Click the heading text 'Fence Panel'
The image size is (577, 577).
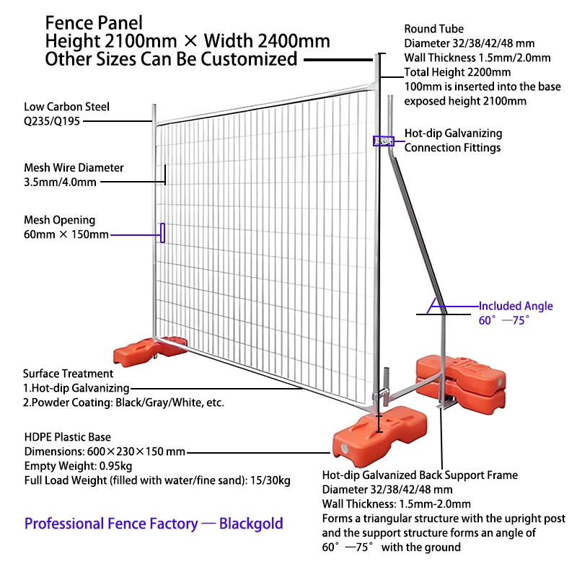click(94, 22)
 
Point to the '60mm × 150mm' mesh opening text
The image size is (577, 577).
click(66, 234)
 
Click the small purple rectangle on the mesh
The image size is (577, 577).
click(162, 233)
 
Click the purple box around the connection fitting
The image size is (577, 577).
click(379, 141)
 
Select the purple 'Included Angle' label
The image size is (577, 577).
click(516, 306)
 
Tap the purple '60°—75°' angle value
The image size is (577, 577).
click(504, 320)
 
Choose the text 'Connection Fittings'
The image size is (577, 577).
click(452, 148)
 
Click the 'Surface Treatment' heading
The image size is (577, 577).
click(68, 374)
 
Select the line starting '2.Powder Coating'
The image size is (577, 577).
click(123, 402)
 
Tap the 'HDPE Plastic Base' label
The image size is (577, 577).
click(67, 437)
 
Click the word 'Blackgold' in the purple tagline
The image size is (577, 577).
click(251, 524)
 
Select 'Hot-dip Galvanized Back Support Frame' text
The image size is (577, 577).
click(420, 475)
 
